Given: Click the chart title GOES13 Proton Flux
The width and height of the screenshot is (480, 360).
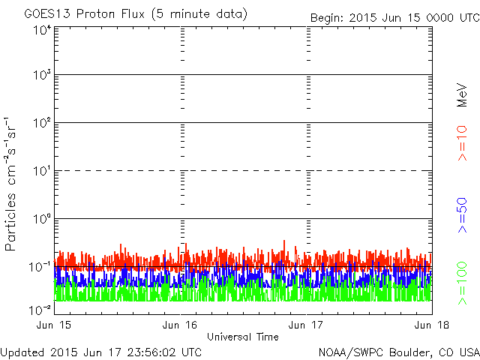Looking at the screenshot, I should (x=136, y=14).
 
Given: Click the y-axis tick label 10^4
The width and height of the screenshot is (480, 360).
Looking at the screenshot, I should (x=41, y=30).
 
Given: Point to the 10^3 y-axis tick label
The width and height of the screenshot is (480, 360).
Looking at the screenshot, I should (x=41, y=76).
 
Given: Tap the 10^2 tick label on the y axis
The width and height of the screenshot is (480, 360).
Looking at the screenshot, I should (x=41, y=123).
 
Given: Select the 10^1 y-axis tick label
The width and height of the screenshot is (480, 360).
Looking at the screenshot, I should (x=41, y=171).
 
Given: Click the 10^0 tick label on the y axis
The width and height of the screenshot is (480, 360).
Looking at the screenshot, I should (x=41, y=219).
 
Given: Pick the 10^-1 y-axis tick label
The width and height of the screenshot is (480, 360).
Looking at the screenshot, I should (x=40, y=267).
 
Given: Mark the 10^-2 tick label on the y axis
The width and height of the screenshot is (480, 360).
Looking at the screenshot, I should (x=40, y=310).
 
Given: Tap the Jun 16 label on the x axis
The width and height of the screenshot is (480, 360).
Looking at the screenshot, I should (x=181, y=325).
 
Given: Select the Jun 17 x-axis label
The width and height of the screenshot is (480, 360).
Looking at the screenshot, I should (x=307, y=325).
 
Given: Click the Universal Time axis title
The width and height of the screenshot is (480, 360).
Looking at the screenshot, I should (x=243, y=337).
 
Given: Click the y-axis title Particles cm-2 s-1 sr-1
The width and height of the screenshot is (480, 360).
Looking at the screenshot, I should (x=12, y=183).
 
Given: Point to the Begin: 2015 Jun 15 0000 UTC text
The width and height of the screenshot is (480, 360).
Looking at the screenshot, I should (x=394, y=17).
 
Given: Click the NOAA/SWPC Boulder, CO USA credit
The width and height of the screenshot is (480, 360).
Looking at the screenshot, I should (x=398, y=351).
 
